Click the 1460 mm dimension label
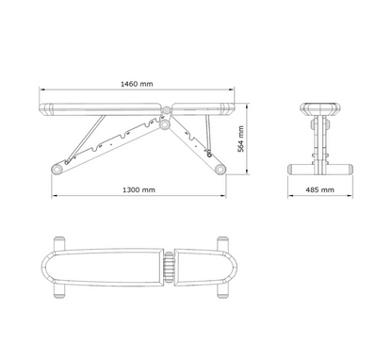138,84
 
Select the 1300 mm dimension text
139,189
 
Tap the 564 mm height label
241,138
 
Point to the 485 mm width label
320,189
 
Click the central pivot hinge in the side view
166,122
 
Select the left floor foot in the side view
57,169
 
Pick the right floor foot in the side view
220,169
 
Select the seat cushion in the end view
320,106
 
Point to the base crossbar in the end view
320,169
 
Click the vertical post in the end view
320,141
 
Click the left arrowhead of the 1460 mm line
41,91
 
